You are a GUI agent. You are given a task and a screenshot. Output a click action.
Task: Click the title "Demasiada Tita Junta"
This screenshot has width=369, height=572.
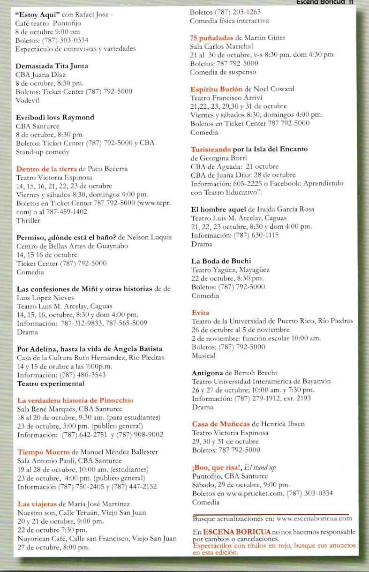(x=52, y=66)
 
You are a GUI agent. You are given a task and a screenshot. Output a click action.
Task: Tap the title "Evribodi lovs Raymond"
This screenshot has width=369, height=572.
(x=55, y=117)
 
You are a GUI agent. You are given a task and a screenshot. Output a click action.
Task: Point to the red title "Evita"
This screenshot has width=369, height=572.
(x=200, y=312)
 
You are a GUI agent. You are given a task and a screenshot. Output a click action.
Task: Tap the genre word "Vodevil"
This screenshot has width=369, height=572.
(x=28, y=100)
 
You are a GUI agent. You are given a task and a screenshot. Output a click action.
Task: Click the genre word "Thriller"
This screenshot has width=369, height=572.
(x=28, y=220)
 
